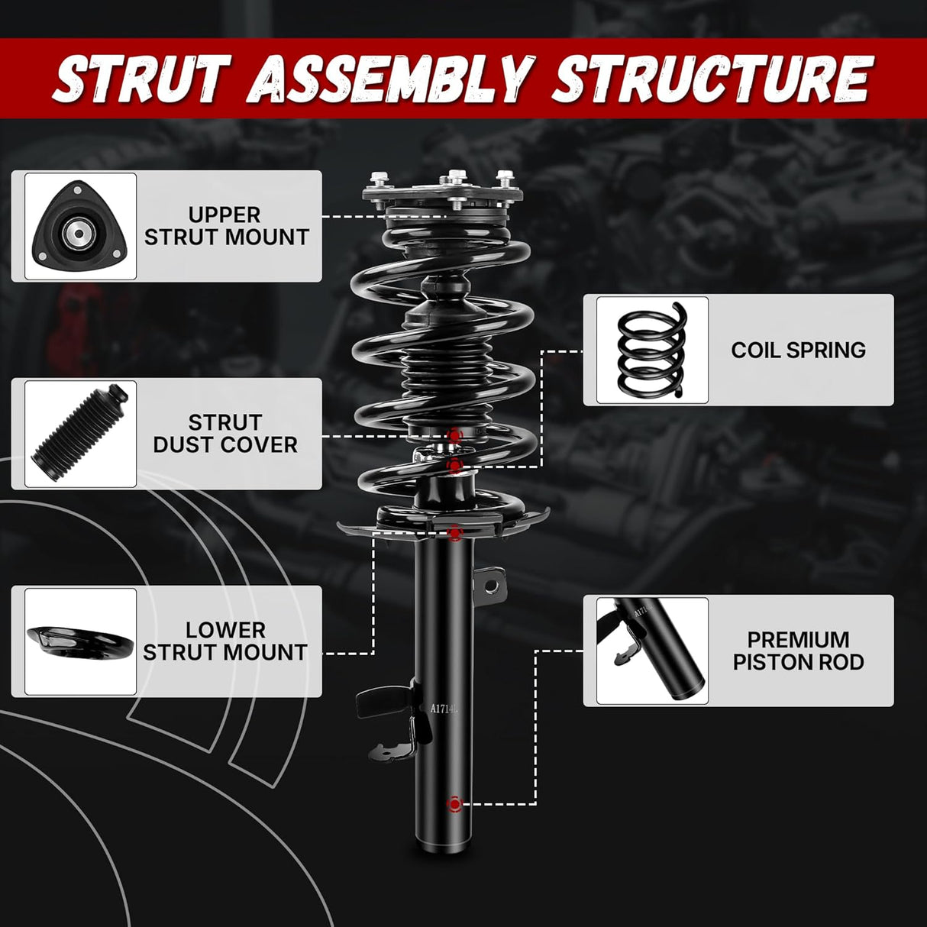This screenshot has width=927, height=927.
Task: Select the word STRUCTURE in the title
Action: point(712,79)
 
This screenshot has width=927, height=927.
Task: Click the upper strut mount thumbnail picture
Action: point(80,227)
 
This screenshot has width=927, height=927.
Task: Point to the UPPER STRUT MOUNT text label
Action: point(226,227)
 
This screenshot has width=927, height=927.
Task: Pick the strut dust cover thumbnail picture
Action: point(80,434)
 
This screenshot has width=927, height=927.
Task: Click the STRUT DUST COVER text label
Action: point(225,434)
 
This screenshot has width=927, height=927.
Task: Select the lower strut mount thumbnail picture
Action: point(80,641)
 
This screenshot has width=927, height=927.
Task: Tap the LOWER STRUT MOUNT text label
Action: point(225,641)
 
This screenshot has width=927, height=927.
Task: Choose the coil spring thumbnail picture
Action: point(652,350)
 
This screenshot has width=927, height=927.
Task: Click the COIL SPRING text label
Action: point(798,350)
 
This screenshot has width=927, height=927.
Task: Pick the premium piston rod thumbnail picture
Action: point(652,651)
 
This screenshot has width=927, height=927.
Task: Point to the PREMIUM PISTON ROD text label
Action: point(798,651)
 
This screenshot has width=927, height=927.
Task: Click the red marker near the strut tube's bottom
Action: point(454,804)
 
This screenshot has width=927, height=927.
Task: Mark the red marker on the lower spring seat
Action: point(455,532)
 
